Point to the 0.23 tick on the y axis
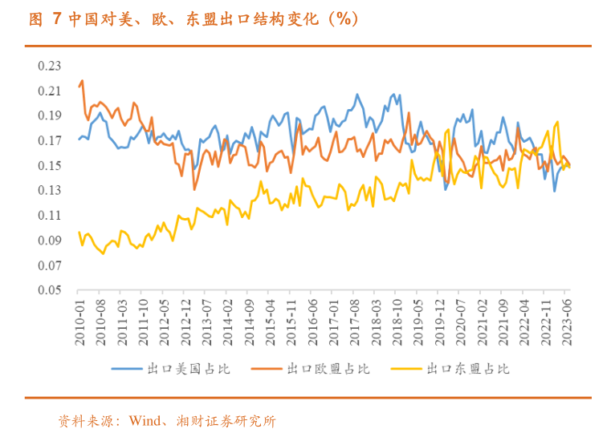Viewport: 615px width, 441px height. point(49,66)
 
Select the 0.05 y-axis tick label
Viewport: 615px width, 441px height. point(49,290)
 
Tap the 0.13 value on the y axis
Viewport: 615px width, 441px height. point(49,191)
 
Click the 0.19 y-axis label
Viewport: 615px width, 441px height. point(49,115)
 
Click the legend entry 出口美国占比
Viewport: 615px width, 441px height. point(177,369)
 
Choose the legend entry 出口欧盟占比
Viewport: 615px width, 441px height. point(316,369)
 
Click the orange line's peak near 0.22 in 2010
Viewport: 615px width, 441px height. point(82,80)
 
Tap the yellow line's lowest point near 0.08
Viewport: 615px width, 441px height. point(103,253)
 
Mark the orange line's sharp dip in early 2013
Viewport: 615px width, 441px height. point(194,189)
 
